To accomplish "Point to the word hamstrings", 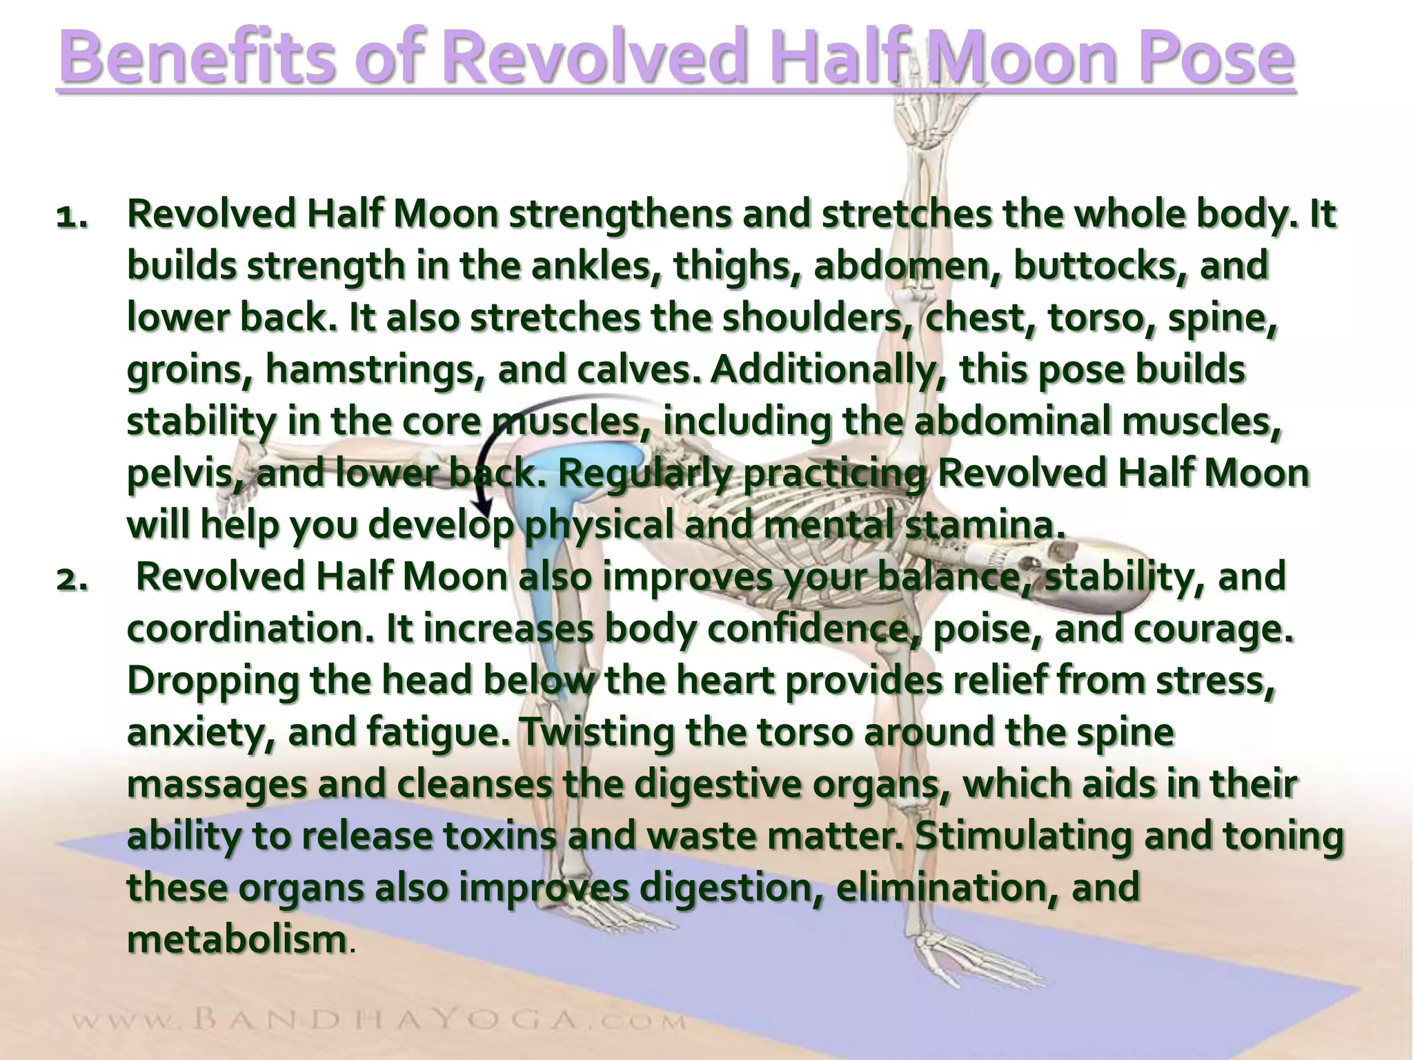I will [373, 370].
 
